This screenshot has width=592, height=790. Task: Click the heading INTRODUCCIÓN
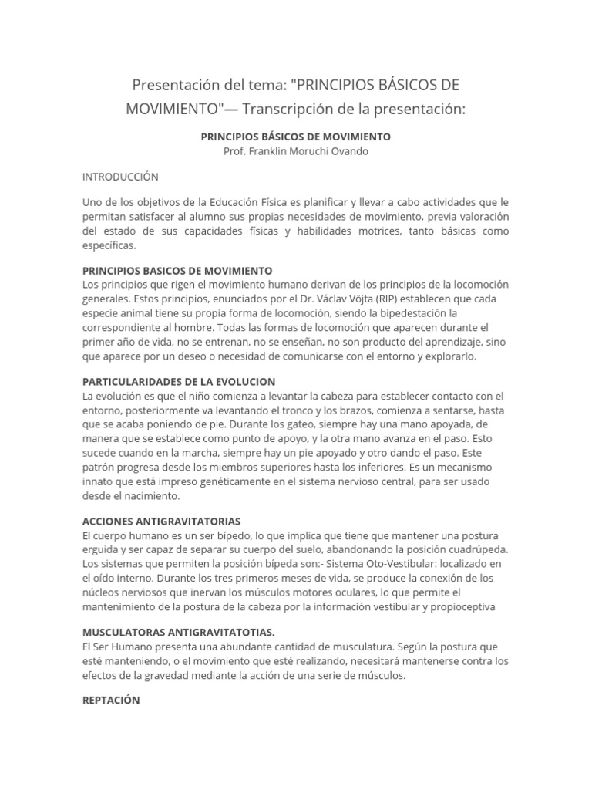(120, 177)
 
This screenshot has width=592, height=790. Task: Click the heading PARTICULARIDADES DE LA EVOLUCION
(179, 382)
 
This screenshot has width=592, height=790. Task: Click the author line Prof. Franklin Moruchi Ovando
(296, 151)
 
